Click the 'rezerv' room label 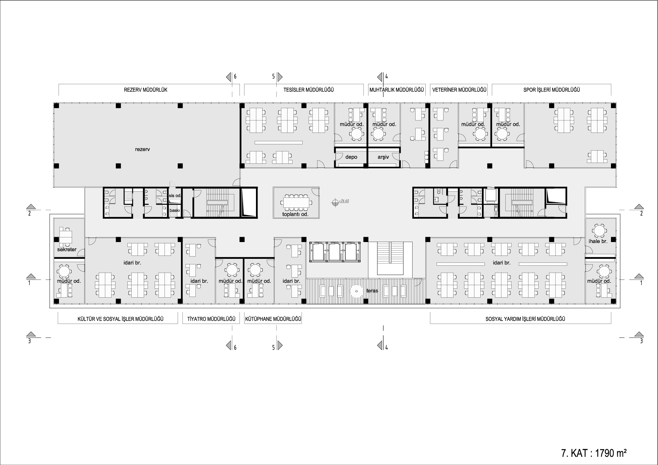click(142, 149)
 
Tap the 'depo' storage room click(351, 157)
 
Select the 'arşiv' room click(383, 157)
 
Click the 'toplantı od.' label click(295, 214)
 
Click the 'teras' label click(372, 291)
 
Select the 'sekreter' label click(67, 250)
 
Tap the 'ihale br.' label click(598, 241)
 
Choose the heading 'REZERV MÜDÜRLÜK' click(145, 90)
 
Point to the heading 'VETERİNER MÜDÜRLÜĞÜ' click(459, 90)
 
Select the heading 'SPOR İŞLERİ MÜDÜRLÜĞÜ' click(551, 90)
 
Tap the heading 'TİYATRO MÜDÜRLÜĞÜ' click(211, 319)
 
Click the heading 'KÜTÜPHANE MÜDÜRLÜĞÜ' click(273, 319)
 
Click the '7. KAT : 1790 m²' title click(594, 453)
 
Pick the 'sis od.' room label click(175, 196)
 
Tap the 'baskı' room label click(175, 210)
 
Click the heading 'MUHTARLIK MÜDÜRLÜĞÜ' click(396, 90)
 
